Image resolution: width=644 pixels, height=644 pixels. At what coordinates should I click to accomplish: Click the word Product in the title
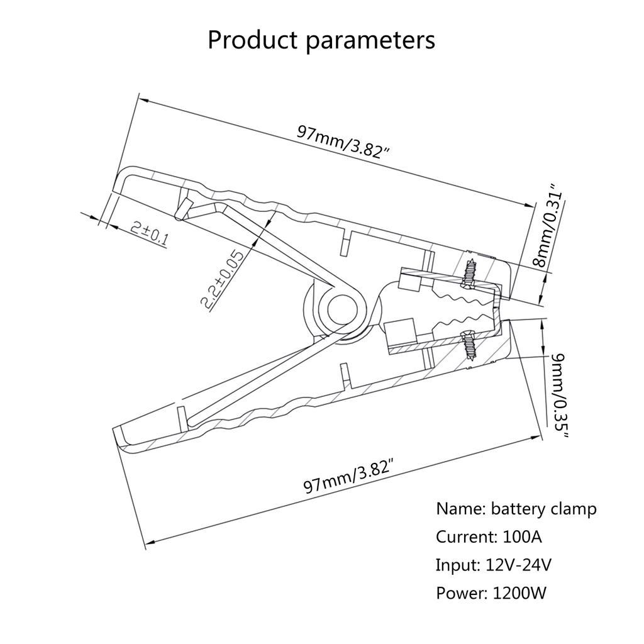coord(252,40)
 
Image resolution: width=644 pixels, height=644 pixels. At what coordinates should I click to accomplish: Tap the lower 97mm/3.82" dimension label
coord(351,477)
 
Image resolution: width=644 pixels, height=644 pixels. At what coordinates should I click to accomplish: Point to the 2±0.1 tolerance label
coord(150,233)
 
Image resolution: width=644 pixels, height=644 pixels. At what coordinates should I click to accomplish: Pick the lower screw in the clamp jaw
coord(469,345)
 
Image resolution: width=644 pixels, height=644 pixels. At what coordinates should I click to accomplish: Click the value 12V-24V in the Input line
coord(519,565)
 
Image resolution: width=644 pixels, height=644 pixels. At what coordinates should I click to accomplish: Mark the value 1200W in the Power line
coord(520,592)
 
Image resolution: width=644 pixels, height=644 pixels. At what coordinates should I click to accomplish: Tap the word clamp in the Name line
coord(572,509)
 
